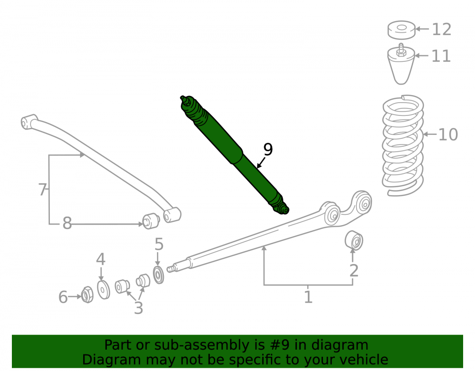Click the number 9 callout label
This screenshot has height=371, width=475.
(268, 149)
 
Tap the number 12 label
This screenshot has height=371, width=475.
(442, 29)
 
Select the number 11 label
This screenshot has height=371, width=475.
(441, 56)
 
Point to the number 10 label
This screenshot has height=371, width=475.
(448, 134)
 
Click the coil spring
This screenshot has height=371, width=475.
(403, 145)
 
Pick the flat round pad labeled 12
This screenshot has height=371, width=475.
(401, 30)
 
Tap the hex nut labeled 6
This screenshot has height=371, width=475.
(87, 295)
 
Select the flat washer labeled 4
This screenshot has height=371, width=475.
(104, 290)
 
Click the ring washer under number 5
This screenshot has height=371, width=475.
(159, 275)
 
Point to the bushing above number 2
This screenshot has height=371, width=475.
(354, 240)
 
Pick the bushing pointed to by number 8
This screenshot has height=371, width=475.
(151, 221)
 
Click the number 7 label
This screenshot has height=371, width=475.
(43, 190)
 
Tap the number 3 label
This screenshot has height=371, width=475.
(138, 308)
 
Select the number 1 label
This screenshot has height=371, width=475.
(308, 297)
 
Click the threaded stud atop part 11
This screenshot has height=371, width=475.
(401, 48)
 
